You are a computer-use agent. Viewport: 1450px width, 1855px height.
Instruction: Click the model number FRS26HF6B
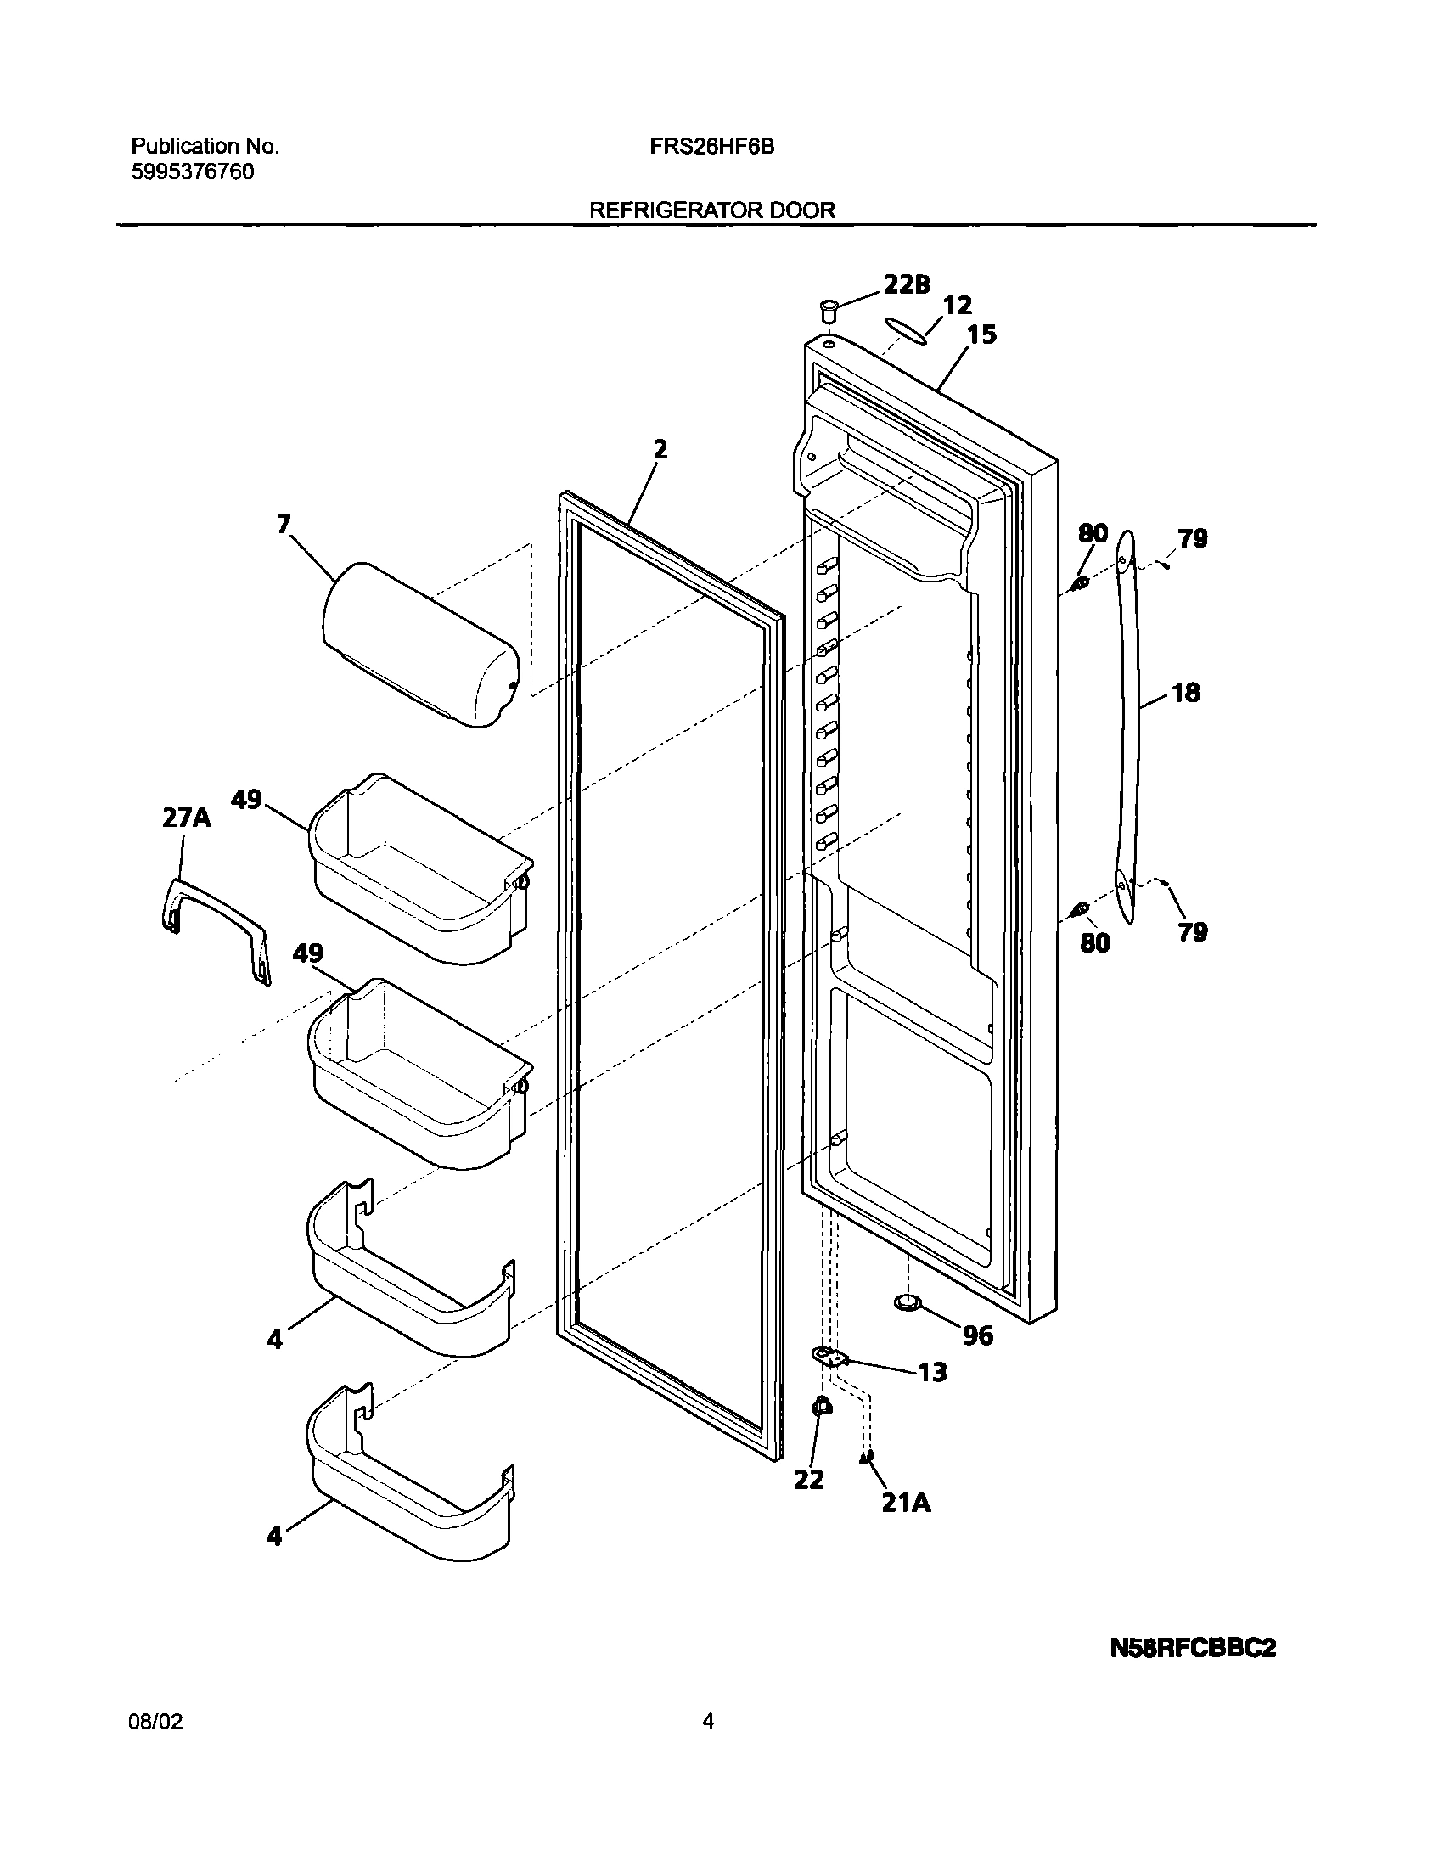(711, 147)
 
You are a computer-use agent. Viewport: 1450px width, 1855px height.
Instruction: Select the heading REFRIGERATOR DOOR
(711, 211)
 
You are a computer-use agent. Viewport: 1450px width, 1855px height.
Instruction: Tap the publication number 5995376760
(192, 172)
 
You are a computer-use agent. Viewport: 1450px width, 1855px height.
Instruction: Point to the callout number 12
(958, 305)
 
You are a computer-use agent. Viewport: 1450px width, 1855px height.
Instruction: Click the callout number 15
(981, 334)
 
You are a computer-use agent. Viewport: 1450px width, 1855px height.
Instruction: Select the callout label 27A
(186, 817)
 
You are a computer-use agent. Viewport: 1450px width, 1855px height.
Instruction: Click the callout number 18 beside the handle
(1186, 693)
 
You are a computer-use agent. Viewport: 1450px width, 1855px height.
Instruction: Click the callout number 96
(978, 1336)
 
